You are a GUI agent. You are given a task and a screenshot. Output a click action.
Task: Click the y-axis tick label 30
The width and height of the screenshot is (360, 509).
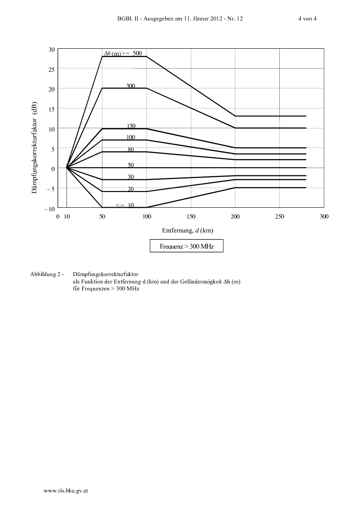[x=52, y=50]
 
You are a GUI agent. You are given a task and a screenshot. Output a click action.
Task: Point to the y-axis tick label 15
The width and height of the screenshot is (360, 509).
[x=52, y=109]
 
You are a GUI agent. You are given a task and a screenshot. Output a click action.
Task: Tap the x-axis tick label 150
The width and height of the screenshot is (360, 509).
[x=191, y=216]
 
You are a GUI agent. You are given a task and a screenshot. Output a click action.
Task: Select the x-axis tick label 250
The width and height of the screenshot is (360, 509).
[x=279, y=216]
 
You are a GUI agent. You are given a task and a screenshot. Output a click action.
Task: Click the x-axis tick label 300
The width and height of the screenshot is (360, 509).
[x=324, y=216]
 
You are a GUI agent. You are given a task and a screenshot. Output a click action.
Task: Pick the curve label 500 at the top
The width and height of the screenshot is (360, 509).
[x=137, y=53]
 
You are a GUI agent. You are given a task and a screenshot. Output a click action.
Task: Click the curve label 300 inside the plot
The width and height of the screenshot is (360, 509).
[x=131, y=86]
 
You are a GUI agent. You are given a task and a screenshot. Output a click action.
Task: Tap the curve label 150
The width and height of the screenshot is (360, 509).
[x=131, y=126]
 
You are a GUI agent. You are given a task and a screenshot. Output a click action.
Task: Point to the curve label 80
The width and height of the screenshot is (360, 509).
[x=131, y=150]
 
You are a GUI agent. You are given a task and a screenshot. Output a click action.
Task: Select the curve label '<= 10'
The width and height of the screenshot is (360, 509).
[x=125, y=205]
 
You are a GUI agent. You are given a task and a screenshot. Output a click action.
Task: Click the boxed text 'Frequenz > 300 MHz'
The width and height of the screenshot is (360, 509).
[x=187, y=246]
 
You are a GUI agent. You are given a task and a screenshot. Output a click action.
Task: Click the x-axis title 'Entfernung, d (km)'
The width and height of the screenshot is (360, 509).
[x=187, y=230]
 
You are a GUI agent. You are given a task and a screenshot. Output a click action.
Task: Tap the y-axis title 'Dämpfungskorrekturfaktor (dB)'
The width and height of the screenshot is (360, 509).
[x=34, y=147]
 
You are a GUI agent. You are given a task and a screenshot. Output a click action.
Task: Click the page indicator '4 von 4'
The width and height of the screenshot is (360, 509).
[x=307, y=18]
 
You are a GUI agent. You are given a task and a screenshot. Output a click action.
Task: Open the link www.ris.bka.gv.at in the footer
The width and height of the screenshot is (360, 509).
[x=66, y=491]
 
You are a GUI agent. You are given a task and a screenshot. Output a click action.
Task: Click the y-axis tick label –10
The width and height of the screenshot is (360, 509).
[x=49, y=209]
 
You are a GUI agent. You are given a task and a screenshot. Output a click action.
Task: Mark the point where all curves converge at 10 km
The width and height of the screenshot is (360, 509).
[x=67, y=168]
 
